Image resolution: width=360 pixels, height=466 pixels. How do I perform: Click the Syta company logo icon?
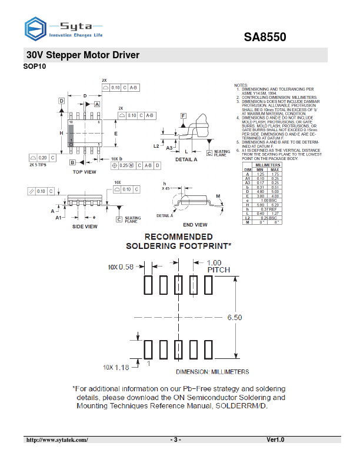click(35, 28)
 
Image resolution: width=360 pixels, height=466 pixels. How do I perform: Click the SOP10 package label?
click(34, 66)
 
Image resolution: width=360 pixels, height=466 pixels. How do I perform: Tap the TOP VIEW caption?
click(84, 172)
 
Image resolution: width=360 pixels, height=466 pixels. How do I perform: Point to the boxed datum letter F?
click(184, 115)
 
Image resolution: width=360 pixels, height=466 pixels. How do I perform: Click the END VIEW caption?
click(195, 225)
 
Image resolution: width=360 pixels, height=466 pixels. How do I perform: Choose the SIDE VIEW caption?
click(84, 227)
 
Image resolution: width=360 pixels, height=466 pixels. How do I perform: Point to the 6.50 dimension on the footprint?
click(234, 317)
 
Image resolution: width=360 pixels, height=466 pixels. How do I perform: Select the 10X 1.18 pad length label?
click(116, 367)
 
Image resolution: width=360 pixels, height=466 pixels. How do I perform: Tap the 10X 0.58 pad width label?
click(120, 267)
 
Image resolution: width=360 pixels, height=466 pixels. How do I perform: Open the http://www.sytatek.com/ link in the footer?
click(56, 440)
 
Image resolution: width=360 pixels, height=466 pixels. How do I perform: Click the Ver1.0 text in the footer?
click(275, 440)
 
